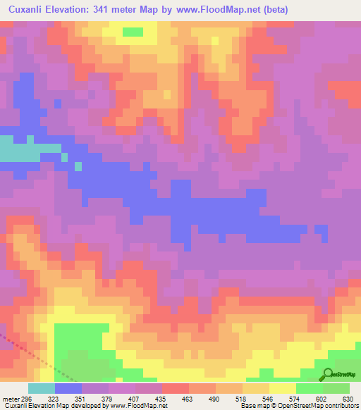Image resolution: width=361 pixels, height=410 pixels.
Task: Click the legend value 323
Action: [54, 398]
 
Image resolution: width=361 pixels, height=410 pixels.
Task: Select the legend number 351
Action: [81, 398]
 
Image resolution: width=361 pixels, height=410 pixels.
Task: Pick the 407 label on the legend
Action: [135, 398]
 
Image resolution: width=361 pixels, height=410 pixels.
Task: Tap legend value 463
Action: [189, 398]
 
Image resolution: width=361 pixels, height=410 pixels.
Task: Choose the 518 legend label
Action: [243, 398]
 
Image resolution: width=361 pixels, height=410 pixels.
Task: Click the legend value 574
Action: [296, 398]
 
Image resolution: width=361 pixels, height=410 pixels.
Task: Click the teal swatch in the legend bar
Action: [42, 388]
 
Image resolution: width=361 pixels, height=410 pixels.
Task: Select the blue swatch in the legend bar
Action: [68, 388]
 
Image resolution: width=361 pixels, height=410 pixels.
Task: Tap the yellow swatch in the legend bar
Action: [283, 388]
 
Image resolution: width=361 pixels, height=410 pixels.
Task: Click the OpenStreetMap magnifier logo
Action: [326, 374]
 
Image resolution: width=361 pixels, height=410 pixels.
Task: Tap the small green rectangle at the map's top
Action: [131, 32]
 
